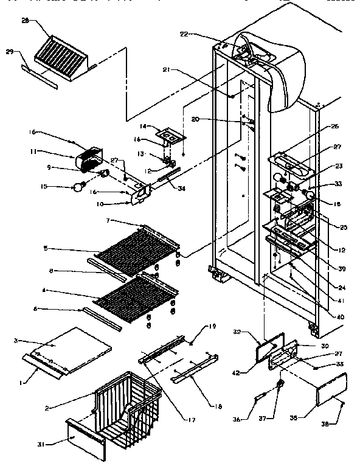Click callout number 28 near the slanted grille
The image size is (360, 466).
pyautogui.click(x=25, y=21)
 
